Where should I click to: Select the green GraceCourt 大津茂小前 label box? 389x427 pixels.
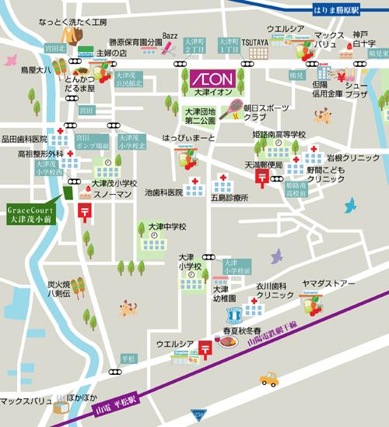pyautogui.click(x=30, y=214)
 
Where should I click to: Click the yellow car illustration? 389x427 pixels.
pyautogui.click(x=268, y=379)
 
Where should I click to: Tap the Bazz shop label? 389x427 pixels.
pyautogui.click(x=170, y=35)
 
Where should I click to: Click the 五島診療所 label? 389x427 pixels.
pyautogui.click(x=228, y=199)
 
